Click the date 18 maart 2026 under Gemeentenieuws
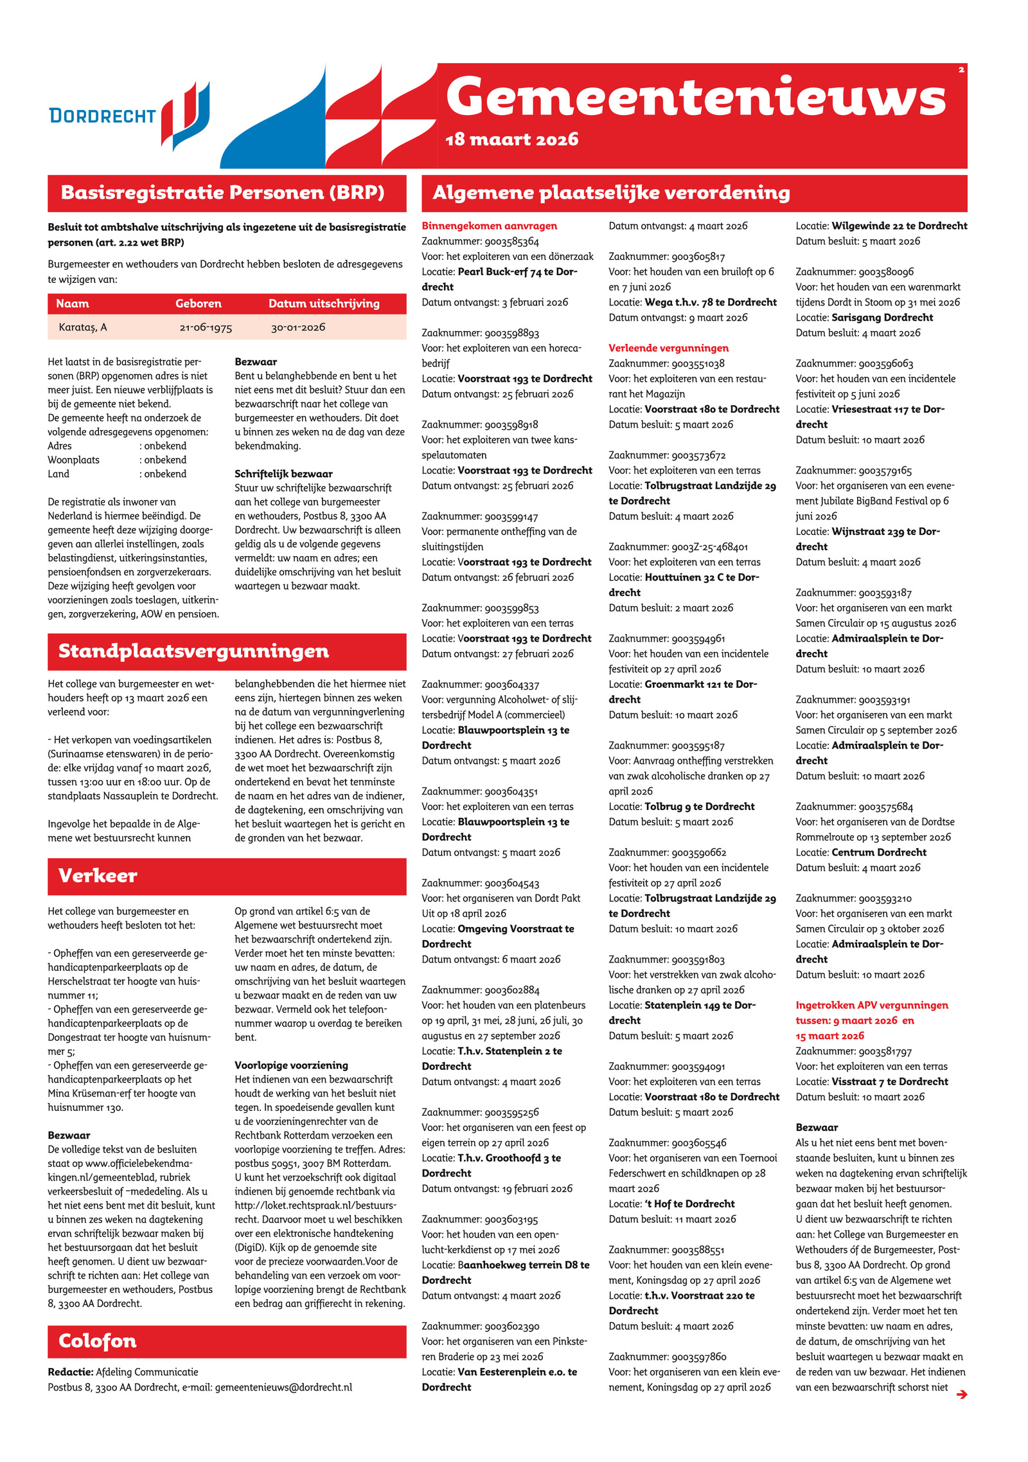[x=511, y=140]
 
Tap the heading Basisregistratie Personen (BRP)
[x=222, y=193]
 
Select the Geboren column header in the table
[x=198, y=303]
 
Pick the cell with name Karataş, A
[x=83, y=327]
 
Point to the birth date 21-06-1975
[x=206, y=328]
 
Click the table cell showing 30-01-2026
[x=298, y=327]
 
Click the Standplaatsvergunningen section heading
[x=193, y=651]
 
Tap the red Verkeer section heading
[x=98, y=876]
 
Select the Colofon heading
[x=98, y=1341]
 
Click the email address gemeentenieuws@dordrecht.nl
[x=283, y=1387]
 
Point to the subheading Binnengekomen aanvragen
[x=489, y=226]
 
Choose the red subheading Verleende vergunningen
[x=668, y=348]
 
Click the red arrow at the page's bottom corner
[x=961, y=1394]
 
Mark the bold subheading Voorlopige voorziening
[x=291, y=1065]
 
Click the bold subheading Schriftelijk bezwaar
[x=283, y=474]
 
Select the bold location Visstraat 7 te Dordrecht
[x=889, y=1081]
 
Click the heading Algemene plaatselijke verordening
[x=611, y=193]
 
